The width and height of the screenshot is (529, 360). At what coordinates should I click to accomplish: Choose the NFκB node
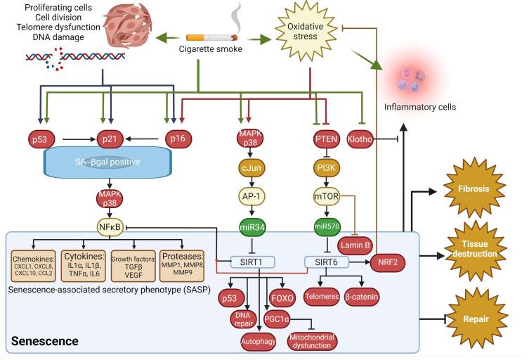111,228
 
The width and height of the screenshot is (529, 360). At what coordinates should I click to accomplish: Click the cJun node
247,169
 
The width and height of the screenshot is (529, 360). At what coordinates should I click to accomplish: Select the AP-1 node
247,198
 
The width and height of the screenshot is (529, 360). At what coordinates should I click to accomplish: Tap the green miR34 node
247,226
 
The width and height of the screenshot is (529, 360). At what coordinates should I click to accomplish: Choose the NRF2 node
391,262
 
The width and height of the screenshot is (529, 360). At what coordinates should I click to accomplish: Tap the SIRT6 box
324,262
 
